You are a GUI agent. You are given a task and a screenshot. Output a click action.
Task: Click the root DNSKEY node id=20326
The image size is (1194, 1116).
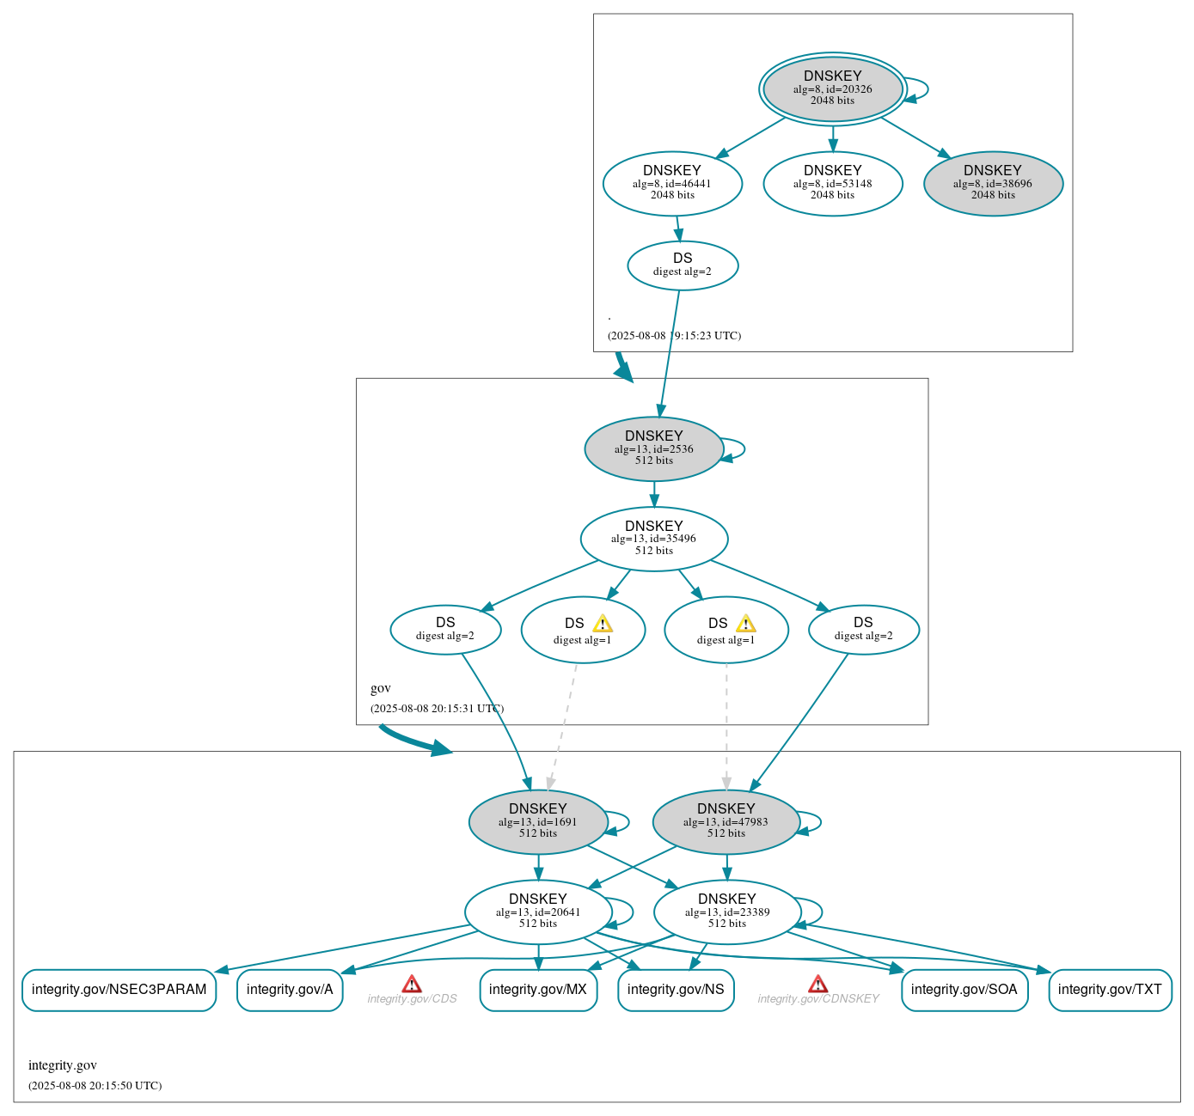832,88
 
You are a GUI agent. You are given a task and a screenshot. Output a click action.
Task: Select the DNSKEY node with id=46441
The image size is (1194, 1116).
672,183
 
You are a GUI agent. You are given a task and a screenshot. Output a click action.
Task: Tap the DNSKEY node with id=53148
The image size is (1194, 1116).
832,183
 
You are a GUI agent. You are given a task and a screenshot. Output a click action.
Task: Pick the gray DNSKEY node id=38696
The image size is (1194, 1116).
993,183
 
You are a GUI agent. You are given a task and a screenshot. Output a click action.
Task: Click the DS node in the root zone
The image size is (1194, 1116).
683,265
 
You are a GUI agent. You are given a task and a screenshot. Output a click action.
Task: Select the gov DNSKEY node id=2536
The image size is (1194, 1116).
653,448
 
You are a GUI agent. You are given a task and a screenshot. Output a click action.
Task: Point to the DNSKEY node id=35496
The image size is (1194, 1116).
653,539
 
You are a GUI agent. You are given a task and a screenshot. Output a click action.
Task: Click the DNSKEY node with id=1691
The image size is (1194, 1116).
538,821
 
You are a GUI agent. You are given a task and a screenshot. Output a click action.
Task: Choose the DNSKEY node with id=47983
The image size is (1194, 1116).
726,821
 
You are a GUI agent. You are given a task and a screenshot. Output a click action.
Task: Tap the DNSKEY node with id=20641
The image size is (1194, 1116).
538,912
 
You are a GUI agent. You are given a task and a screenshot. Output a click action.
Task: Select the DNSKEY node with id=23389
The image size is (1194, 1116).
727,912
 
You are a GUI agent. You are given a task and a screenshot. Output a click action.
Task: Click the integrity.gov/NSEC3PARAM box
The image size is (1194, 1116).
119,990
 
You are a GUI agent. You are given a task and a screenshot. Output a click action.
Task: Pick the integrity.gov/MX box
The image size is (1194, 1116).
538,990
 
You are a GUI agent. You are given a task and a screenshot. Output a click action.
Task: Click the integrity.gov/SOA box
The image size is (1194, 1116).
964,990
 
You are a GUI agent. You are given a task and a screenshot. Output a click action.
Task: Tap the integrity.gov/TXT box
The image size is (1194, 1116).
1110,990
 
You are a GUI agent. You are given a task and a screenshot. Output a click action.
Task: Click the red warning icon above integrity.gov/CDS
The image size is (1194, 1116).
412,984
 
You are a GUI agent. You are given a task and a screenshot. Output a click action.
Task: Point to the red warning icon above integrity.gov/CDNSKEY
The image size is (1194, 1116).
818,984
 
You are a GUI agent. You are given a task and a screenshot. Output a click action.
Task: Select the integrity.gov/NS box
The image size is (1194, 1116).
676,990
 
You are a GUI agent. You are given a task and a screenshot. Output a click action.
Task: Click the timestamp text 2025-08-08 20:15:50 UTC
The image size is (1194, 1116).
95,1086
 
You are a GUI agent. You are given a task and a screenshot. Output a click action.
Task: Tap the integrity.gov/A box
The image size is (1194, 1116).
290,990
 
